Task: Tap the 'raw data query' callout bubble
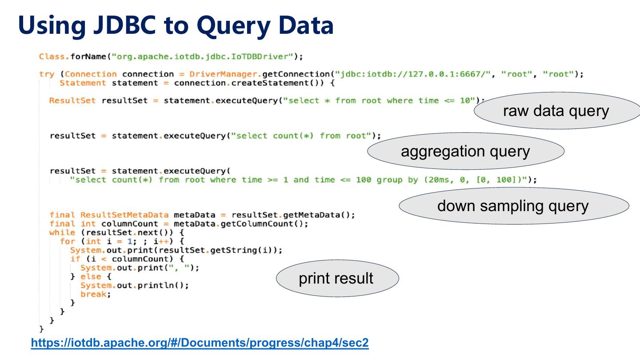click(556, 111)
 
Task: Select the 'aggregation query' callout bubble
click(465, 152)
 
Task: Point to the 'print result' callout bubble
click(336, 278)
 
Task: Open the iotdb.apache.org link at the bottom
click(200, 343)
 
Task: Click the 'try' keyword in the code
click(46, 74)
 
